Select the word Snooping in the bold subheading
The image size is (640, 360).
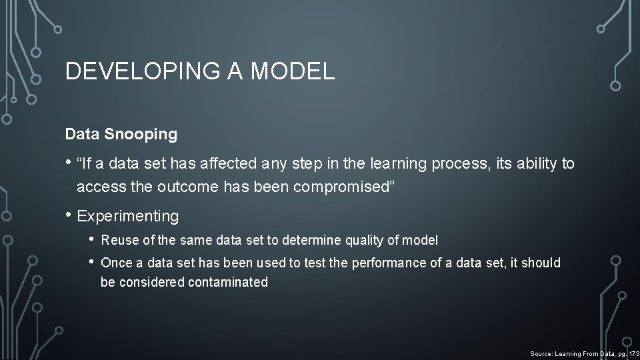(x=141, y=134)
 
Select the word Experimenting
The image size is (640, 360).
(x=128, y=216)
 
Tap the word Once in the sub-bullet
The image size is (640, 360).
(x=115, y=263)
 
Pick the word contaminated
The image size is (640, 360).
(x=228, y=282)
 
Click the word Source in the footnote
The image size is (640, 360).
(x=542, y=353)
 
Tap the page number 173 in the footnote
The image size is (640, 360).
(x=633, y=353)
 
